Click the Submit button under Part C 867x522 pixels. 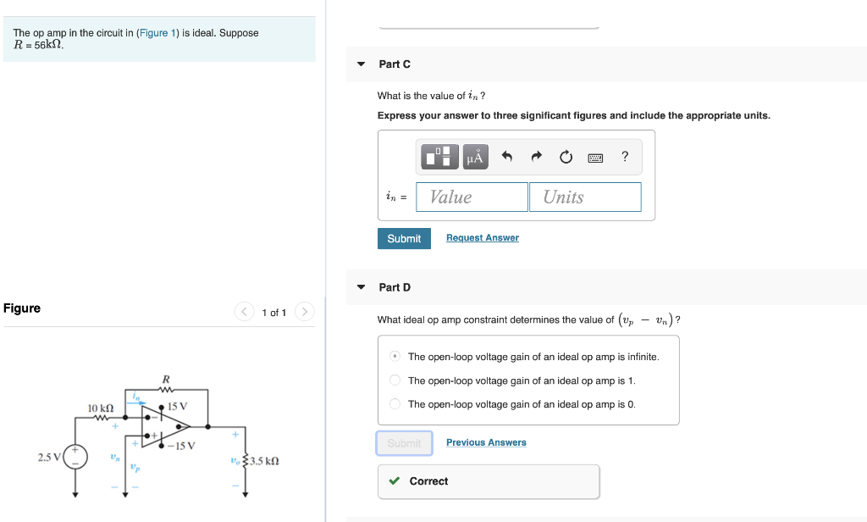[x=404, y=238]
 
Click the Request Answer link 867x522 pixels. [x=482, y=238]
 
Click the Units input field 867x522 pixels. [x=585, y=197]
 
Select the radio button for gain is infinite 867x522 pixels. [x=395, y=357]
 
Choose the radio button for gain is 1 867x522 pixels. [x=395, y=380]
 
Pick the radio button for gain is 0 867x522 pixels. [x=395, y=404]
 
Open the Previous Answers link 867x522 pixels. [x=486, y=442]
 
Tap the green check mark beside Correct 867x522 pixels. [x=395, y=481]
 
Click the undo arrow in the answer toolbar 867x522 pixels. [x=506, y=157]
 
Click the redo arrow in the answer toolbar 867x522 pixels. [x=535, y=157]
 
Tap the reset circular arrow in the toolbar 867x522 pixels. [x=565, y=157]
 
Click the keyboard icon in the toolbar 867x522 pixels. [x=595, y=157]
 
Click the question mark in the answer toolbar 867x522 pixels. [x=625, y=156]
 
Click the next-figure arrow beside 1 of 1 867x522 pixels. [x=306, y=312]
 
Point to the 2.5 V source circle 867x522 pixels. [x=75, y=458]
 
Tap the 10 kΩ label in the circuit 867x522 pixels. [x=101, y=408]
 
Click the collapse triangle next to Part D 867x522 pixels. [x=362, y=287]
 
